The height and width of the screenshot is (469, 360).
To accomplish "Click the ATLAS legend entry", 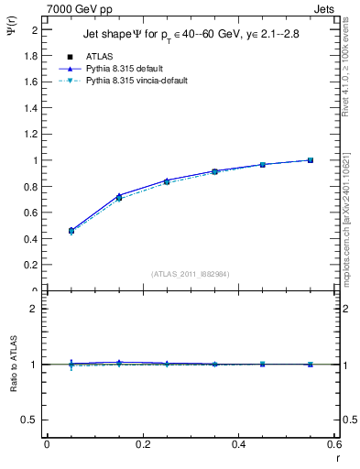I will [98, 56].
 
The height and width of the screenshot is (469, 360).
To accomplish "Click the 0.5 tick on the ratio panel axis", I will [31, 420].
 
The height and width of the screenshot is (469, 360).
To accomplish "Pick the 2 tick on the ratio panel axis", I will [35, 309].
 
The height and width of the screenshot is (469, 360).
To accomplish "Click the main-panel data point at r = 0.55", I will [311, 160].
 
